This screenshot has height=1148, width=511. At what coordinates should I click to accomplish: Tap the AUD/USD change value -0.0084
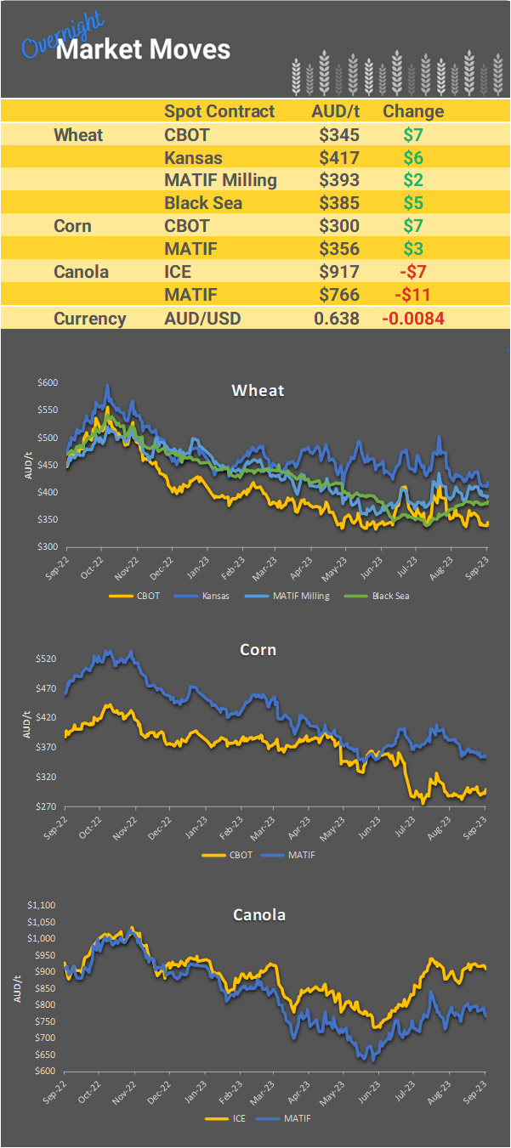point(413,319)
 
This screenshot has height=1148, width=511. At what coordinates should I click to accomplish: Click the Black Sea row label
point(203,203)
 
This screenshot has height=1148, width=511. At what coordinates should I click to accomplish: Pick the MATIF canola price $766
point(339,295)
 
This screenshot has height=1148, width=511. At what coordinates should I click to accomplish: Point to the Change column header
point(413,111)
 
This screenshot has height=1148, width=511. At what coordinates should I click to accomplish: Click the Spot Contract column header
point(219,111)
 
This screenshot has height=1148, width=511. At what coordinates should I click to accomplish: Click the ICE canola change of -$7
point(413,272)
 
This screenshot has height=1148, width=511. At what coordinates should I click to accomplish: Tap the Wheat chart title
point(258,391)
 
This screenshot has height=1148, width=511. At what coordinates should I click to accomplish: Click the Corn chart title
point(258,650)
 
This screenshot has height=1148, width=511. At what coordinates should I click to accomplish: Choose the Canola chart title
point(259,915)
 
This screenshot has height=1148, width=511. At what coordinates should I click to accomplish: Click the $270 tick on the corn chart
point(48,806)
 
